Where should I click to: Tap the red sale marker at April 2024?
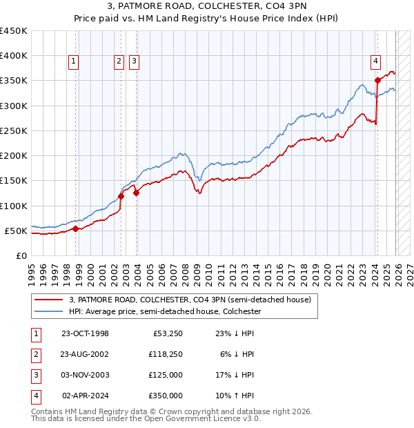point(377,81)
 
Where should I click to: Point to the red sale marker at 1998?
point(75,228)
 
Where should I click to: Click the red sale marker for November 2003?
point(137,193)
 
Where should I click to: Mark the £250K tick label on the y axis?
point(14,130)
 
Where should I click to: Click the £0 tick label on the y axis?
point(21,255)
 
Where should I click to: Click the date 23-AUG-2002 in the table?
point(85,354)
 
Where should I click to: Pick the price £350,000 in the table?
point(167,396)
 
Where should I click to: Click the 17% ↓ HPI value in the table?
point(235,375)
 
